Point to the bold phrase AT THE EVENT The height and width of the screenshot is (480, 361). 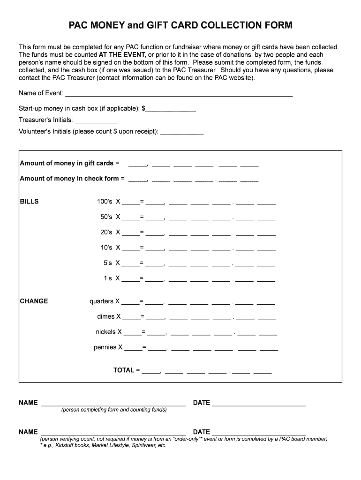coord(122,55)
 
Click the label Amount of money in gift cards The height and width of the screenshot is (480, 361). coord(67,163)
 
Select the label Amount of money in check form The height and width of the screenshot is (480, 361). coord(69,179)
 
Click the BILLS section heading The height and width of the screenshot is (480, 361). coord(29,202)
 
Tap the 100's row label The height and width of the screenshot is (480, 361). coord(105,202)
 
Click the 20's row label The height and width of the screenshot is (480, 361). coord(106,232)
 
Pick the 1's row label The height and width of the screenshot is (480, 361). coord(108,278)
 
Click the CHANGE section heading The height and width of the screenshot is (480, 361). coord(34,301)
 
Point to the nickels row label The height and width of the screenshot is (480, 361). coord(105,332)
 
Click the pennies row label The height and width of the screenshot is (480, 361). coord(105,347)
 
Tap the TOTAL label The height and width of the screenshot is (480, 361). coord(124,370)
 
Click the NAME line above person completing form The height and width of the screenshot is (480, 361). coord(113,404)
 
